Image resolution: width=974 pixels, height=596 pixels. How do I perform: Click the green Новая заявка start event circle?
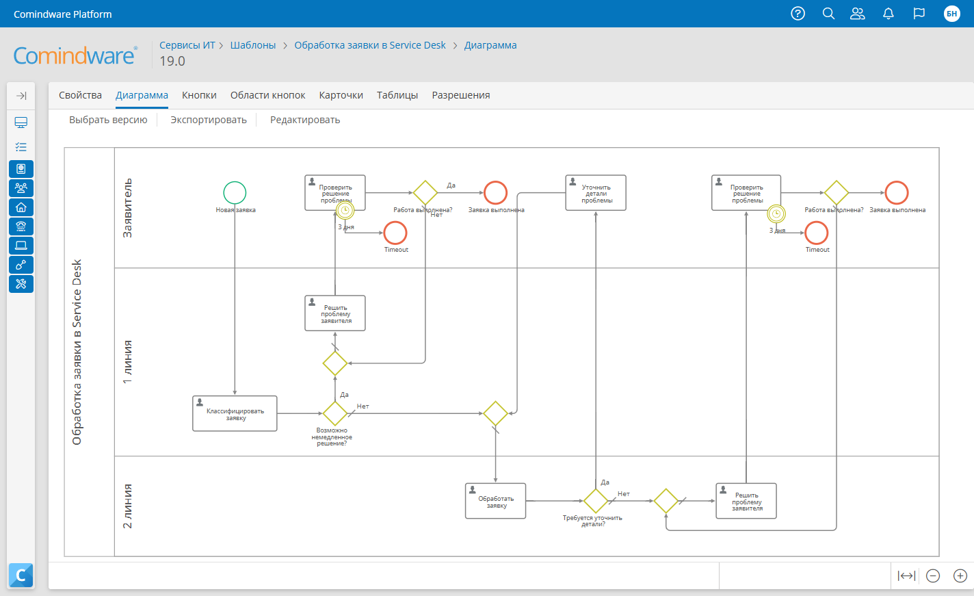235,193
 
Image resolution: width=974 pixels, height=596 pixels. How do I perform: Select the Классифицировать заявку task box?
235,413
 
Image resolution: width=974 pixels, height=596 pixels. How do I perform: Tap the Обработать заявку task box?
496,501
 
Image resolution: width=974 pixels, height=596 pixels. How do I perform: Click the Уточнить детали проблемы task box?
596,193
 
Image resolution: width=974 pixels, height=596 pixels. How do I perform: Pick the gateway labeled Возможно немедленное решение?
334,413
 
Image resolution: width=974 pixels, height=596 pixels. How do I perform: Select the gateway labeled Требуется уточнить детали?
596,501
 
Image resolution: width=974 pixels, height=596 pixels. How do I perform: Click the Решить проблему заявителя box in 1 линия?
335,313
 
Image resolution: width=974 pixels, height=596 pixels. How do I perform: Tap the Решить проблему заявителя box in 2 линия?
746,501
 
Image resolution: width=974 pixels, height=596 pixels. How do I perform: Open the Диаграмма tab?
142,95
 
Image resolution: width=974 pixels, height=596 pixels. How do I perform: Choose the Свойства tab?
80,95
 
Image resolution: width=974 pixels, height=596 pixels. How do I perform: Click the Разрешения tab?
461,95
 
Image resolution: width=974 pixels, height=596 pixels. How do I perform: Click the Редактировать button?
305,120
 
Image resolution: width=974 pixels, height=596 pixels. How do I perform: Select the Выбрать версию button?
108,120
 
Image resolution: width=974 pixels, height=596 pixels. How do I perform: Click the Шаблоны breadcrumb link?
253,45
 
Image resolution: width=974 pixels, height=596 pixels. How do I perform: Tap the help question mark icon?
798,14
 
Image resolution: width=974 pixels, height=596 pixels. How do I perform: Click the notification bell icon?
889,14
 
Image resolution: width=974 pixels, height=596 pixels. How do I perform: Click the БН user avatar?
951,14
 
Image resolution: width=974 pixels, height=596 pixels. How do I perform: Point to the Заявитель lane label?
127,208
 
